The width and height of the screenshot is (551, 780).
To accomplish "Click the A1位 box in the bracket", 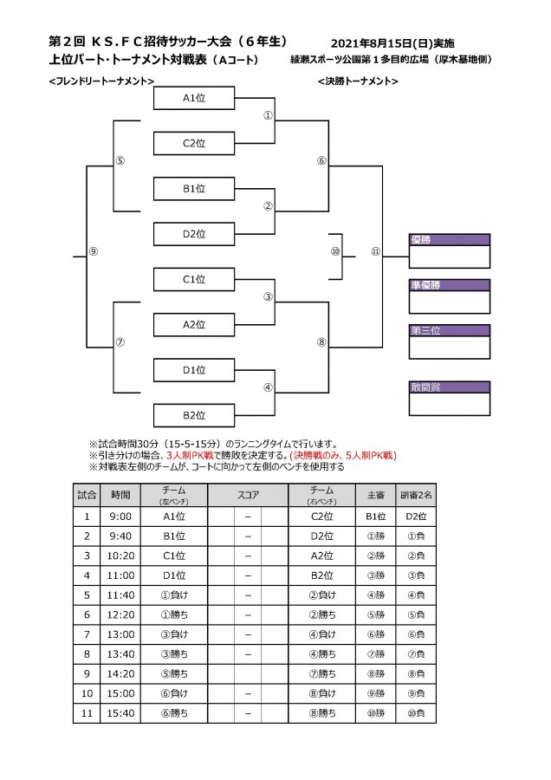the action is [194, 98].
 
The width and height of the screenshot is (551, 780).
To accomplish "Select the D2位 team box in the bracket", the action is [194, 234].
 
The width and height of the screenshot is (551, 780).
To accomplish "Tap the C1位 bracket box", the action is [194, 279].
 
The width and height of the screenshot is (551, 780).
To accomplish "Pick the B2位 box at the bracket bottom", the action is [194, 415].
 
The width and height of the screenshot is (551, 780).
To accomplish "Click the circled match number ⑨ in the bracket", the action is [93, 251].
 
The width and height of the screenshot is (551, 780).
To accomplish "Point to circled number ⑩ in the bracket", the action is [335, 251].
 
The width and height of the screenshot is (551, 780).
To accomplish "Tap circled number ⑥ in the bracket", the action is [321, 160].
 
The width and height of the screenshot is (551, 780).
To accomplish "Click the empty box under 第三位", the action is [450, 348].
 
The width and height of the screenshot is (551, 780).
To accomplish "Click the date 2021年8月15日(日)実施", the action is [392, 43].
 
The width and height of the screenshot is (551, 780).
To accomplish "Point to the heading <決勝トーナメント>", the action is [358, 81].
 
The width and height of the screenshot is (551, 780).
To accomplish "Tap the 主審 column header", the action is [375, 495].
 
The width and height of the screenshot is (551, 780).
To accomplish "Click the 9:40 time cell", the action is [120, 536].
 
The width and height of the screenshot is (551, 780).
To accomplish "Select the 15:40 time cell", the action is [120, 713].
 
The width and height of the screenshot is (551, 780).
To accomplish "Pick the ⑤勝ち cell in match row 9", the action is [174, 673].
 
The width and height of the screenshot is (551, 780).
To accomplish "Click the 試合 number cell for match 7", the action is [87, 634].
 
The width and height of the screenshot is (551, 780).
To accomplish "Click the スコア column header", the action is [248, 495].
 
